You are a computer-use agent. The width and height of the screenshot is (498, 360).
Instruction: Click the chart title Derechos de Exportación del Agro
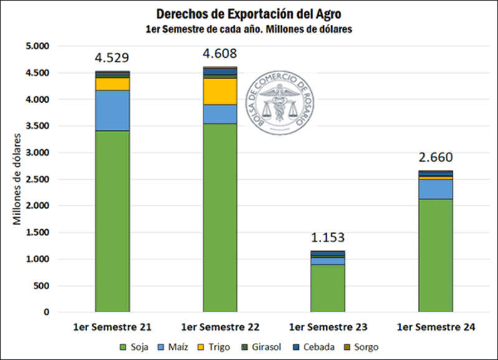tap(248, 14)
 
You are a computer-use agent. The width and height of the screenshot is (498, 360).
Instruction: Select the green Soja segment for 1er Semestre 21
tap(112, 221)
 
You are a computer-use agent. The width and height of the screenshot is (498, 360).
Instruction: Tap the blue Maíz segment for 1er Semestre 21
tap(112, 110)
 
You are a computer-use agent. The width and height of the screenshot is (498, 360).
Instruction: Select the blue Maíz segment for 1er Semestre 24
tap(435, 189)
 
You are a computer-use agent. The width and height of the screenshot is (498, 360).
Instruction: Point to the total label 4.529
tap(112, 58)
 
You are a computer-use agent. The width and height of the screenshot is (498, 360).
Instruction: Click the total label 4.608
tap(220, 53)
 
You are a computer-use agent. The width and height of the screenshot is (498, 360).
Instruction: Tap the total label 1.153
tap(327, 237)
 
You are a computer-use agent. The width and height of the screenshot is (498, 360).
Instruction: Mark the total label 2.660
tap(435, 157)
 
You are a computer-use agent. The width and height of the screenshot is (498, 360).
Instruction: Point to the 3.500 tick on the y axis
tap(37, 126)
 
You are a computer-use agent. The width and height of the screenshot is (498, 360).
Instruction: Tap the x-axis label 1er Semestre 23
tap(327, 327)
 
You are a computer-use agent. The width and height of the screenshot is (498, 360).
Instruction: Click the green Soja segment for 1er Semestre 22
tap(220, 218)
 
